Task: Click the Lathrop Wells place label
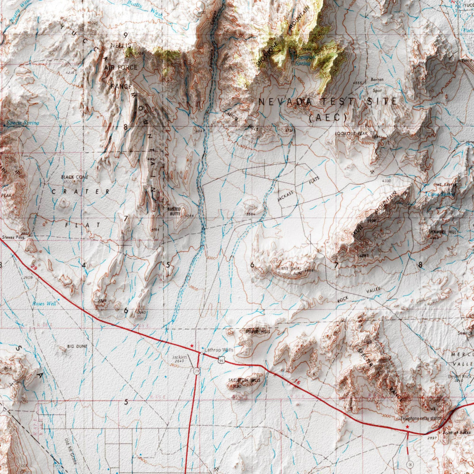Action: pyautogui.click(x=219, y=350)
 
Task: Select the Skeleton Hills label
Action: pyautogui.click(x=244, y=380)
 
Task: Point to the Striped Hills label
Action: pyautogui.click(x=257, y=331)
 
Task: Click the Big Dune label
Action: pyautogui.click(x=77, y=346)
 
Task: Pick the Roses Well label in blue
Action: pyautogui.click(x=44, y=304)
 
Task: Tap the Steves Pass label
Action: pyautogui.click(x=12, y=237)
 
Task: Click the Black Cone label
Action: pyautogui.click(x=74, y=177)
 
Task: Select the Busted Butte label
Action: pyautogui.click(x=174, y=212)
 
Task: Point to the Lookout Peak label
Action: pyautogui.click(x=351, y=133)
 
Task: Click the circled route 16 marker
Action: pyautogui.click(x=410, y=463)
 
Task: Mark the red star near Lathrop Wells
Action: pyautogui.click(x=192, y=346)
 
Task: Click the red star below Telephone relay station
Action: pyautogui.click(x=407, y=427)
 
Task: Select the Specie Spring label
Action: pyautogui.click(x=23, y=123)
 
